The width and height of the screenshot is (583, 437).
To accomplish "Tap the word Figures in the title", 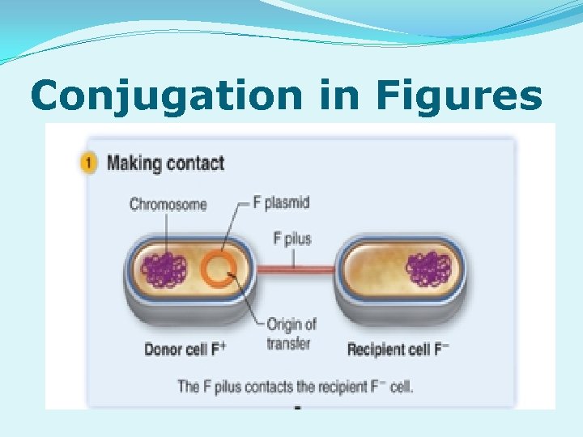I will click(458, 96).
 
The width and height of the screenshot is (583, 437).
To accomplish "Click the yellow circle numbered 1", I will click(90, 163).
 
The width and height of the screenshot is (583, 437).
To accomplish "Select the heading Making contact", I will click(165, 163).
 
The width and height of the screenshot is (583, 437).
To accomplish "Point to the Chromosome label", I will click(168, 205).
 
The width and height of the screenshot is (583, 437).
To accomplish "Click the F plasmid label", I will click(281, 202).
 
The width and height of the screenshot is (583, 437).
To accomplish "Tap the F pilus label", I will click(292, 240).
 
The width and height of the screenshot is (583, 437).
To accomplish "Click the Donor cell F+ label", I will click(185, 350).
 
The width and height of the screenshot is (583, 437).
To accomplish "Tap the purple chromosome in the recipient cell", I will click(429, 269).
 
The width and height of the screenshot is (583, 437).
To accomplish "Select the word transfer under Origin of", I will click(289, 343).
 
